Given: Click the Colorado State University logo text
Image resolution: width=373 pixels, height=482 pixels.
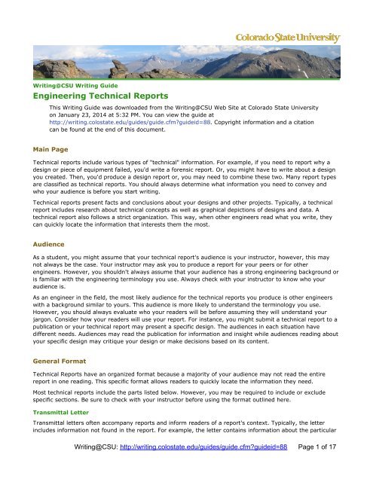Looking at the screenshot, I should tap(291, 38).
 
